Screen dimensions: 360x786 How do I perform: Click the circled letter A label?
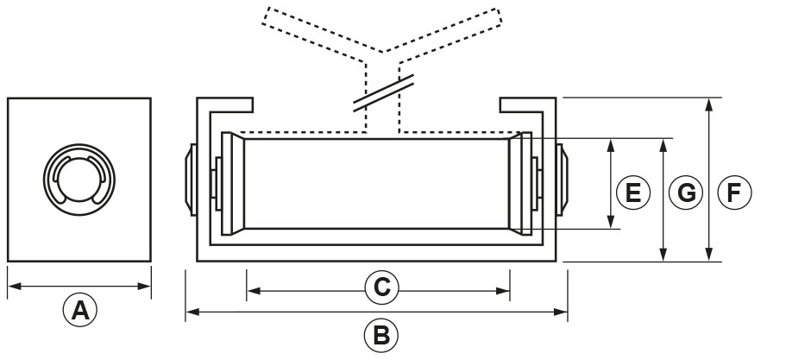(79, 309)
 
